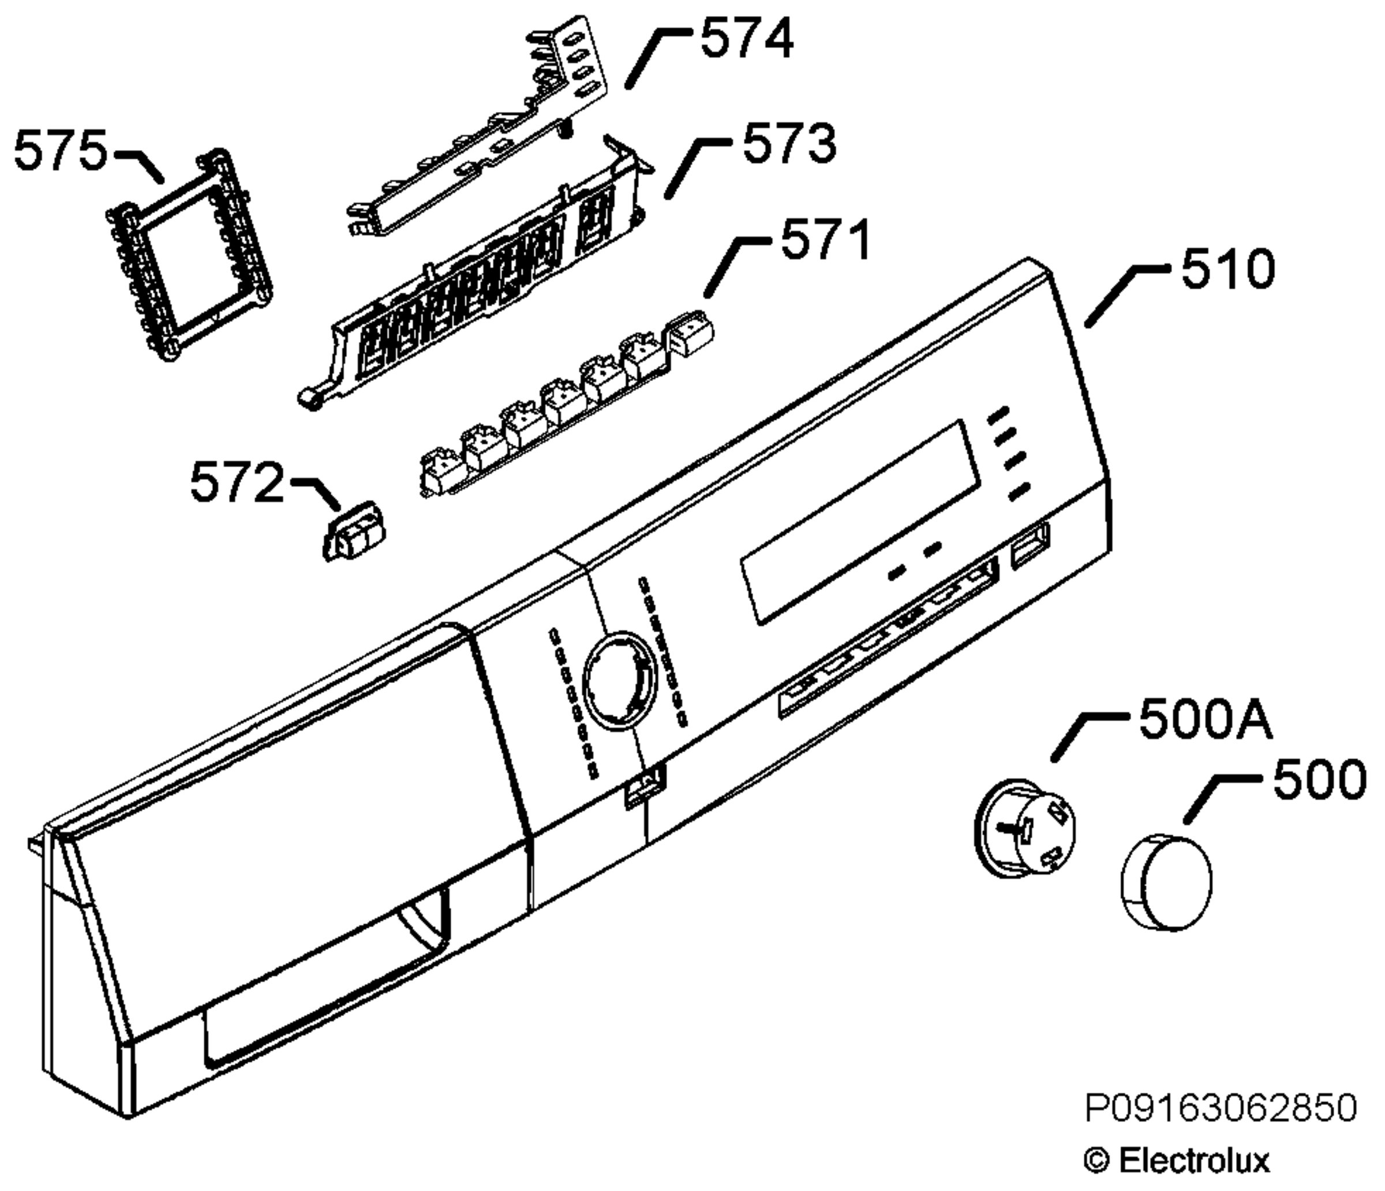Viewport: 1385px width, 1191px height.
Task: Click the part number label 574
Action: [x=747, y=39]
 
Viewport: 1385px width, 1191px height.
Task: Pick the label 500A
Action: [x=1205, y=721]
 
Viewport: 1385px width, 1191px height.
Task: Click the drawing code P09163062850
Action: [x=1221, y=1108]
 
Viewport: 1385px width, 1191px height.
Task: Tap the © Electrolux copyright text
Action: [x=1177, y=1160]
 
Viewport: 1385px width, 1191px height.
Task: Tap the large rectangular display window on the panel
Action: [x=861, y=522]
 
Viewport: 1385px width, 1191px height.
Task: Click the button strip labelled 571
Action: [x=566, y=405]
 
